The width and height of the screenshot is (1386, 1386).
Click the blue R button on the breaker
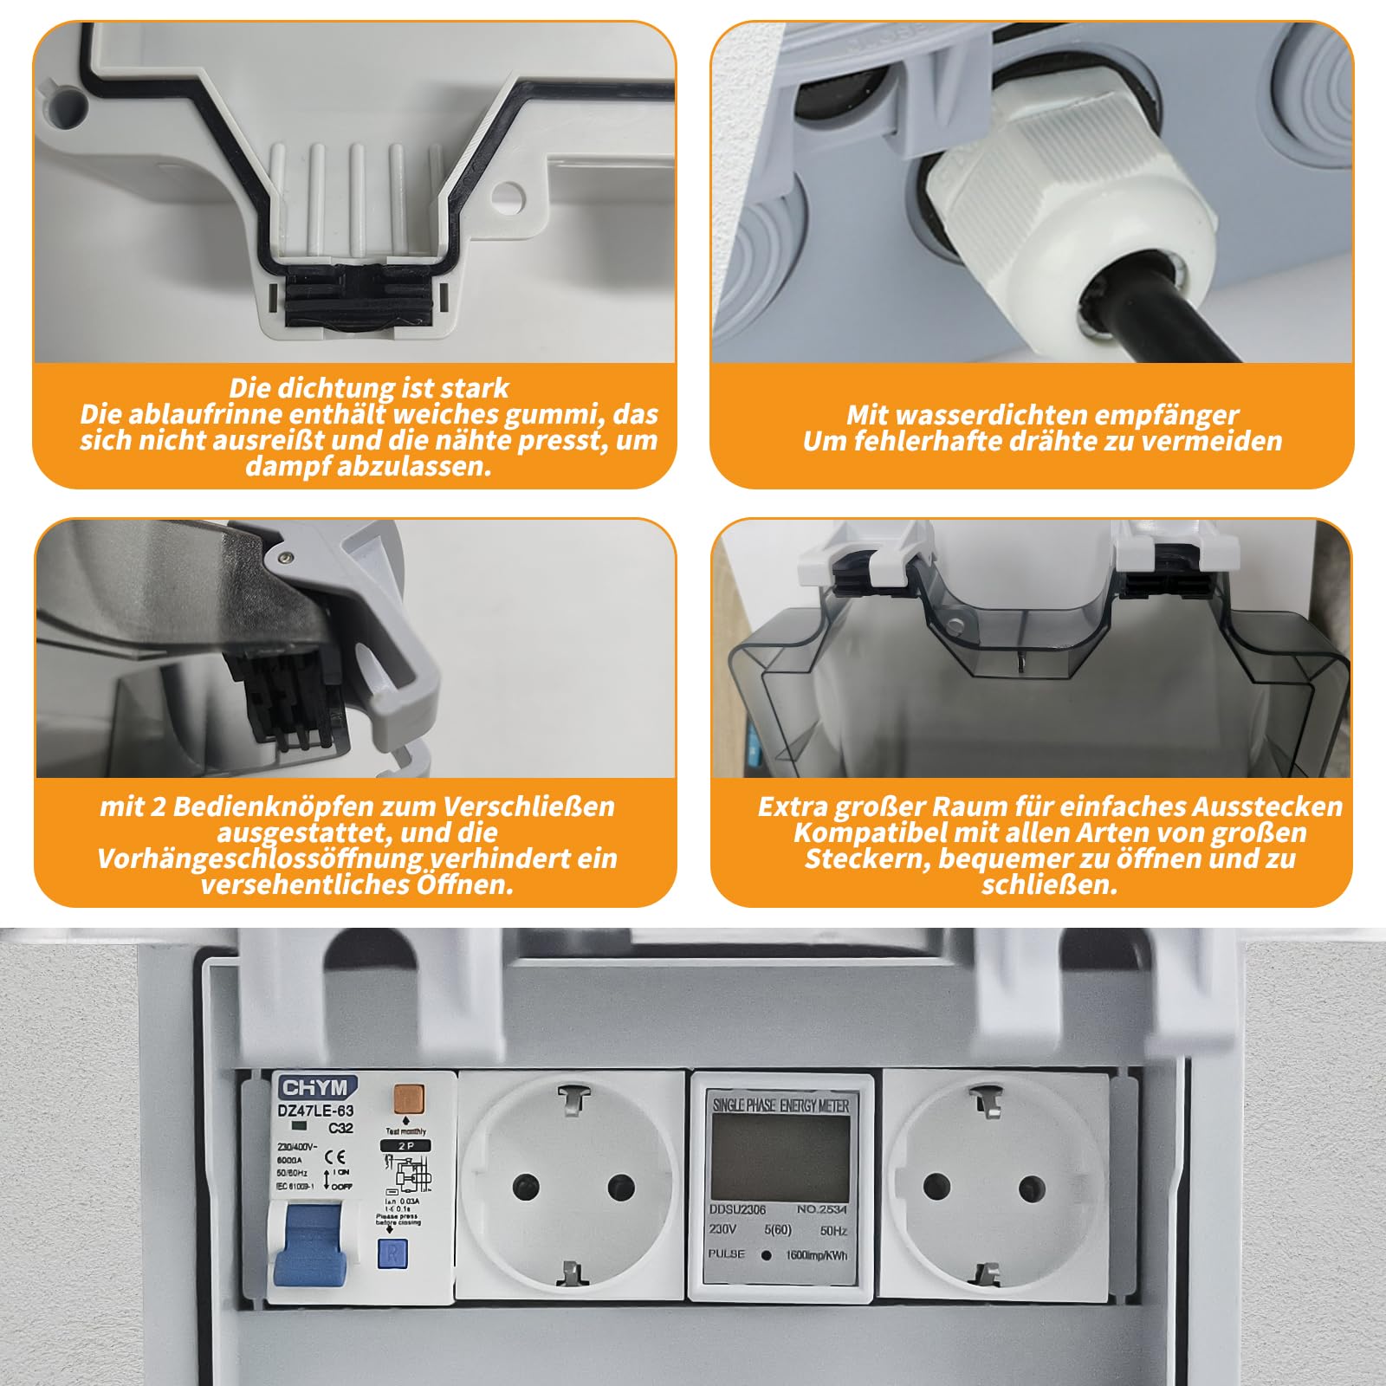click(x=392, y=1253)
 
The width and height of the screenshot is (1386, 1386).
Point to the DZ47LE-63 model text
click(x=316, y=1110)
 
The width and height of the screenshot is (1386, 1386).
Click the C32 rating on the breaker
click(x=340, y=1128)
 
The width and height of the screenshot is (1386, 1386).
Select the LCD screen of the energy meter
click(x=780, y=1156)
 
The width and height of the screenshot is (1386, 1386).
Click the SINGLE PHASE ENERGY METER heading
click(x=780, y=1105)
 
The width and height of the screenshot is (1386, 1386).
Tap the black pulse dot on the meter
click(x=766, y=1255)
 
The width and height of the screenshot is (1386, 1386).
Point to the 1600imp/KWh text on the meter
click(x=816, y=1255)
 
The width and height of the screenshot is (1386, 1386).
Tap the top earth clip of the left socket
click(x=571, y=1101)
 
